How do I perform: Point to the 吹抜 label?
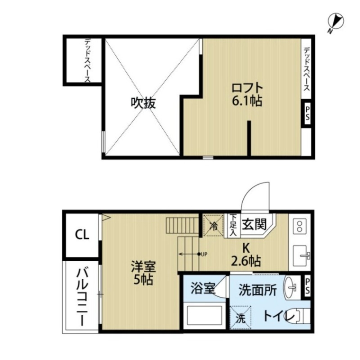[x=143, y=103]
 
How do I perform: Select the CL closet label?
[x=82, y=234]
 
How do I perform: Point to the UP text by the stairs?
[x=204, y=254]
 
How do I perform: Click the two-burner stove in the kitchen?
[x=299, y=225]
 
